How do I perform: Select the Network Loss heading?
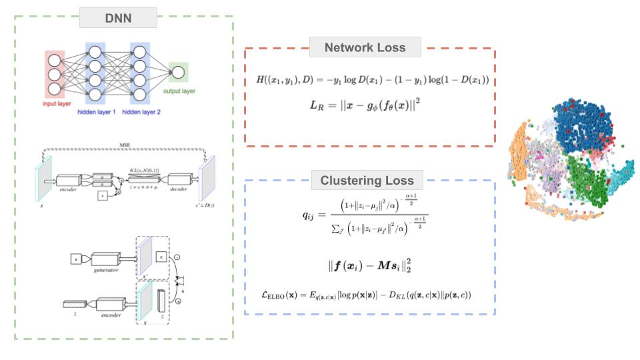(x=366, y=48)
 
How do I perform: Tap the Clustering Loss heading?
(x=366, y=180)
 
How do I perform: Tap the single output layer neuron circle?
(x=179, y=71)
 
